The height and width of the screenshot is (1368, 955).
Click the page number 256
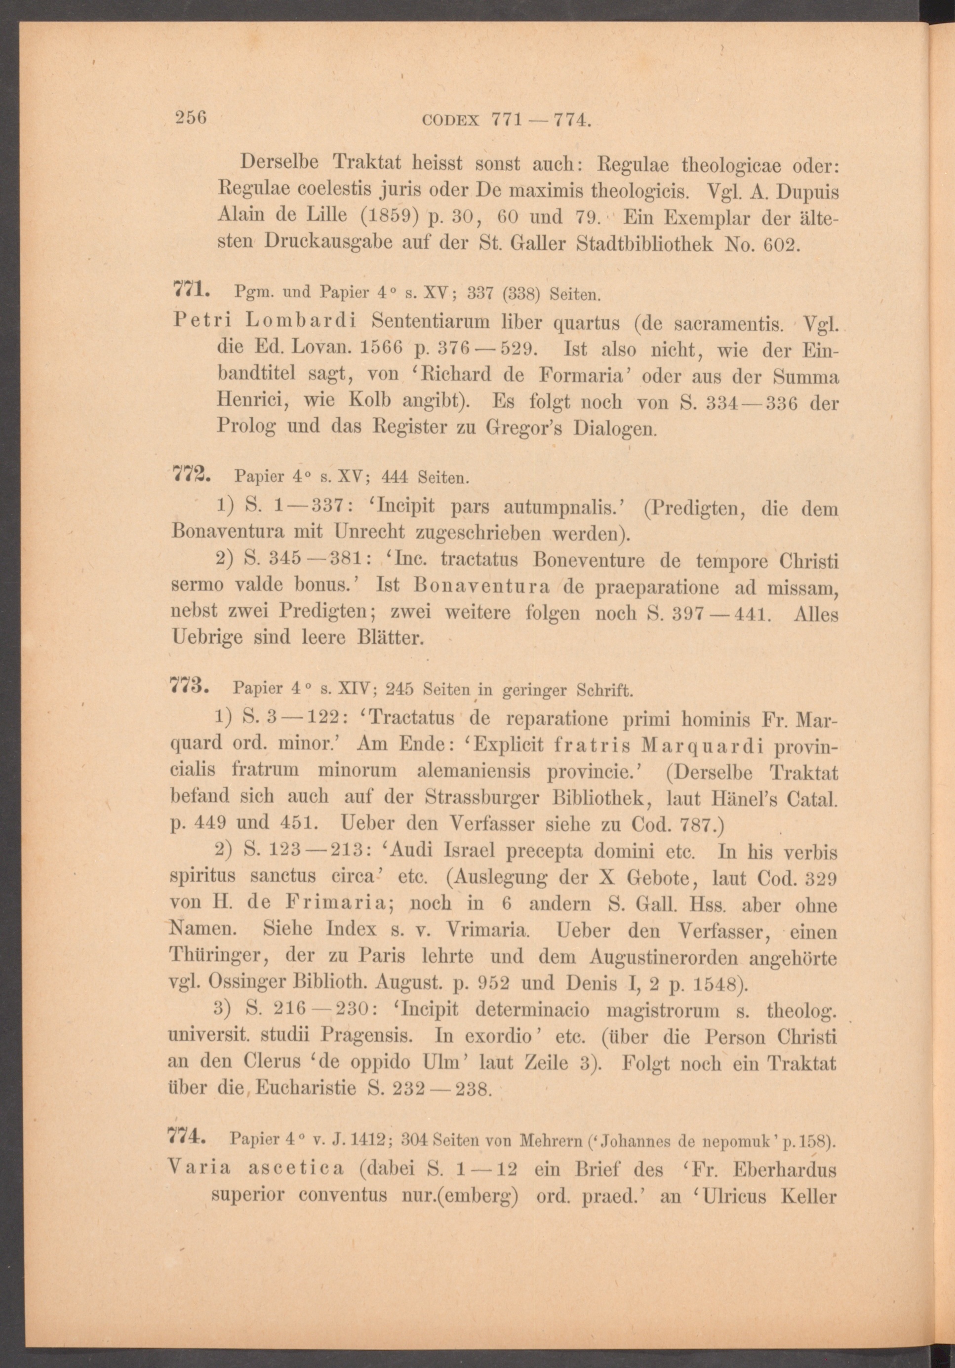pyautogui.click(x=190, y=117)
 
